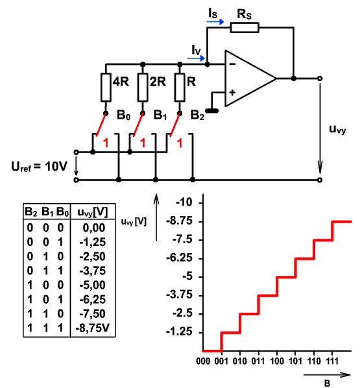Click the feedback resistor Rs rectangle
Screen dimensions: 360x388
245,27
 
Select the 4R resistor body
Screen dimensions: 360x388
106,88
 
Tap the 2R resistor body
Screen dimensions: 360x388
143,88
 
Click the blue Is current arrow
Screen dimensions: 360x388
215,22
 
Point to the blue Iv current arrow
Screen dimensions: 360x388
196,58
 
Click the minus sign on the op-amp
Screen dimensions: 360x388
232,64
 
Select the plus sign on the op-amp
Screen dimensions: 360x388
232,93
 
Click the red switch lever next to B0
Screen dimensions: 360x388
101,125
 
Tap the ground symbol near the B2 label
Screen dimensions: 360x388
212,110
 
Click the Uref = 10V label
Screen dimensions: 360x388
40,166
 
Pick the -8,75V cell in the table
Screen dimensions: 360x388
93,328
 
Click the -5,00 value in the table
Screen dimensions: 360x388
93,285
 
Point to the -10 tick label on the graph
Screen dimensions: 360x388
184,202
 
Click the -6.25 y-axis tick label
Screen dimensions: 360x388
179,258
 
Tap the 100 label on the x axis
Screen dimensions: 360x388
277,361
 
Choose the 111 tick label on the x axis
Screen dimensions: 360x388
331,361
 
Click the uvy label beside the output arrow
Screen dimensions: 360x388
337,130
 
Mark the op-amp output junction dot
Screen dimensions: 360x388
294,79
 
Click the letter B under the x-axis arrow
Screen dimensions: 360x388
327,383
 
